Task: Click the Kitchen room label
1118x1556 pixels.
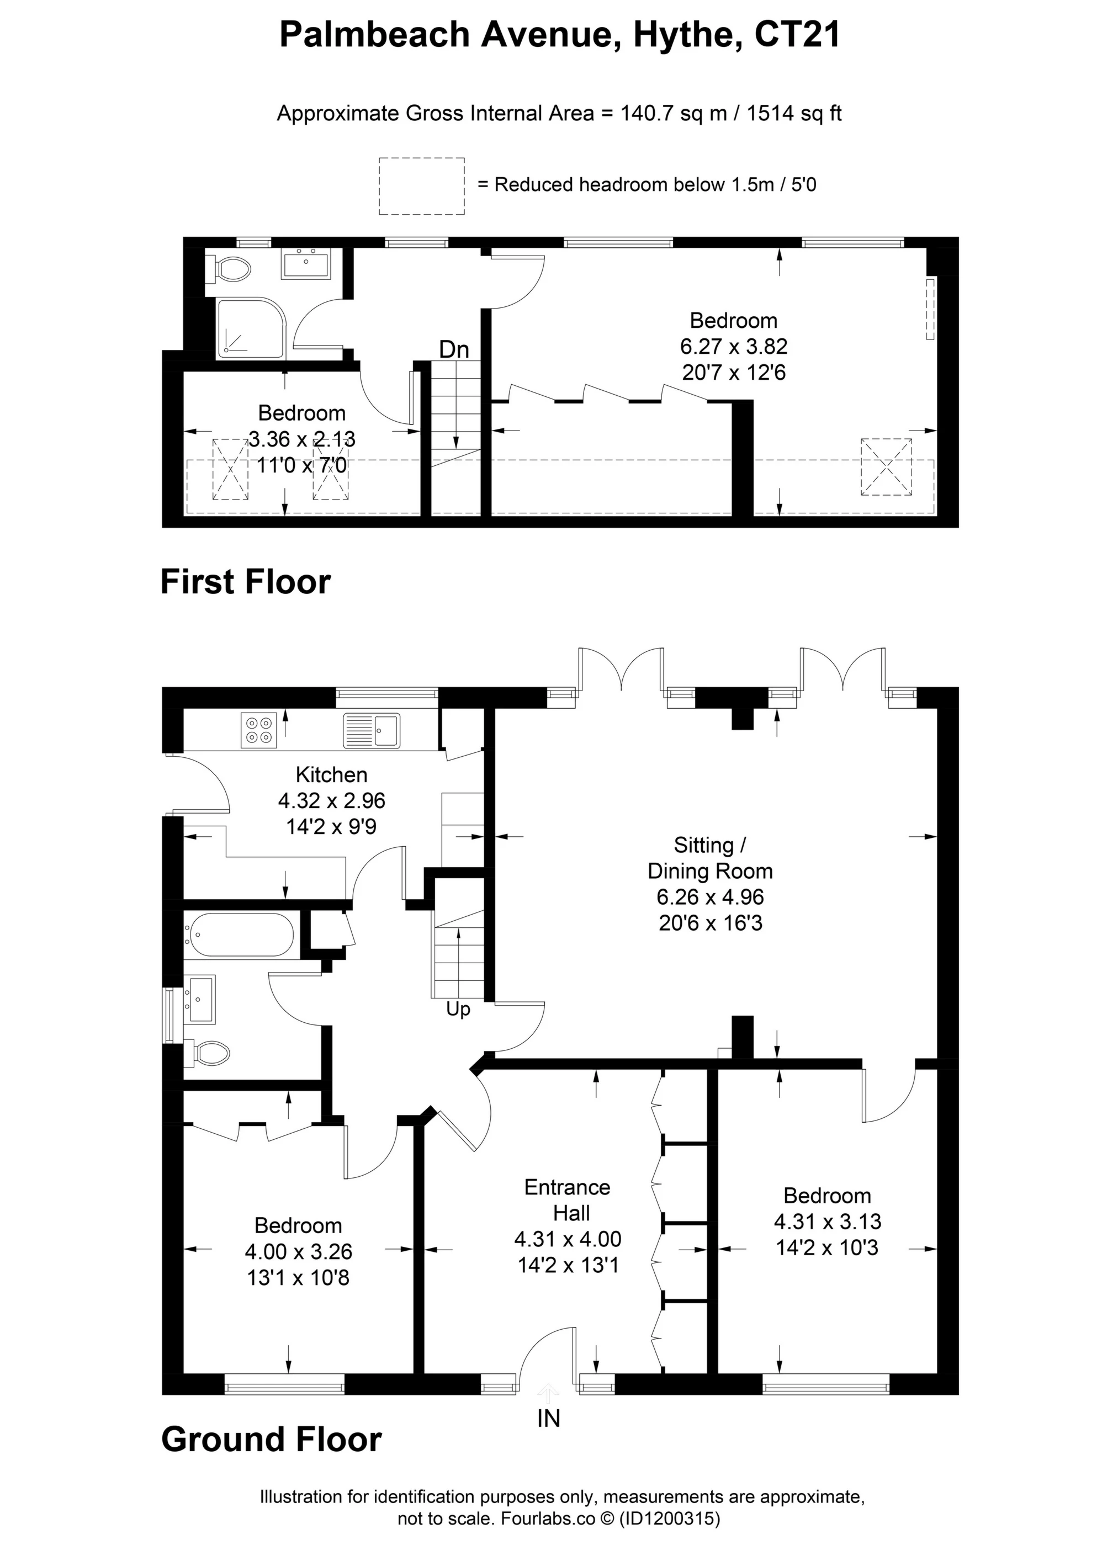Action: [331, 776]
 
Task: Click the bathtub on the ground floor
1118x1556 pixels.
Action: [240, 934]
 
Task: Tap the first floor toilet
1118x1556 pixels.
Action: [228, 268]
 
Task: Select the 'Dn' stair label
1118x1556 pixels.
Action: [454, 350]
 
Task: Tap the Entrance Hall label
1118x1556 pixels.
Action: [568, 1200]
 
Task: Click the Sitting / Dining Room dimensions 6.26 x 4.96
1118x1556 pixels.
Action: [711, 897]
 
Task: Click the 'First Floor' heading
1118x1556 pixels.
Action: [245, 582]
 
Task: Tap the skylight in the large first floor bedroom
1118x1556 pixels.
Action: [887, 467]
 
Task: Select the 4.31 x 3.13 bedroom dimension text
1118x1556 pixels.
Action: [827, 1221]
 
